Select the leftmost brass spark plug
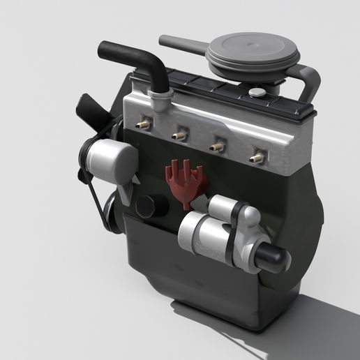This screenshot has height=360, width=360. [144, 124]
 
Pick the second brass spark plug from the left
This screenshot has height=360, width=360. [180, 134]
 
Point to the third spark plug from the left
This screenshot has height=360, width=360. [218, 147]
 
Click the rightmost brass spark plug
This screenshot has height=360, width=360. [257, 158]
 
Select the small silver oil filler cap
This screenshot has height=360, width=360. [257, 92]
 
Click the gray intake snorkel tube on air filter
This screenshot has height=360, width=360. [183, 44]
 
